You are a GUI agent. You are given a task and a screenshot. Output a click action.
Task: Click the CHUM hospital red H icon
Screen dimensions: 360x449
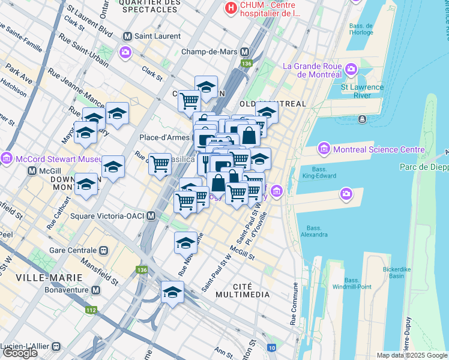click(230, 9)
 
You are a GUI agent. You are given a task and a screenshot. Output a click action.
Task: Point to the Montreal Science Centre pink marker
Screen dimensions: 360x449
click(324, 148)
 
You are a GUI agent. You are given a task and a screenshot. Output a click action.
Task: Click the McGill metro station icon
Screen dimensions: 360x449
click(32, 172)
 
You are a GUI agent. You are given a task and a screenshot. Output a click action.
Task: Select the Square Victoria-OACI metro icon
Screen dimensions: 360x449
click(151, 216)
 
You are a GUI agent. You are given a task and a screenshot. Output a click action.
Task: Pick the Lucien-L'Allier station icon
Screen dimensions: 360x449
click(56, 346)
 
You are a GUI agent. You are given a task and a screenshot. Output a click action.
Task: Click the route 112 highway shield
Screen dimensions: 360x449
click(91, 310)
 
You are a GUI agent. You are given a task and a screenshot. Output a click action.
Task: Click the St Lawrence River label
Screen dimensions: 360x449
click(362, 91)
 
